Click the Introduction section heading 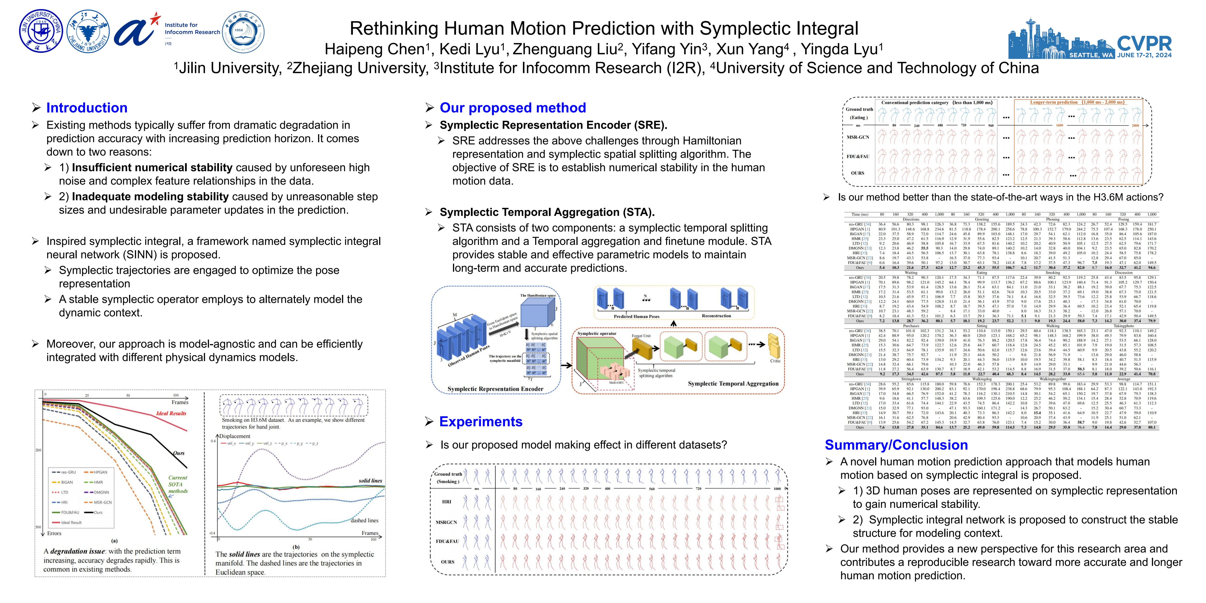coord(87,108)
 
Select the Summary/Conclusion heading coord(896,445)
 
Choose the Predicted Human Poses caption coord(636,317)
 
